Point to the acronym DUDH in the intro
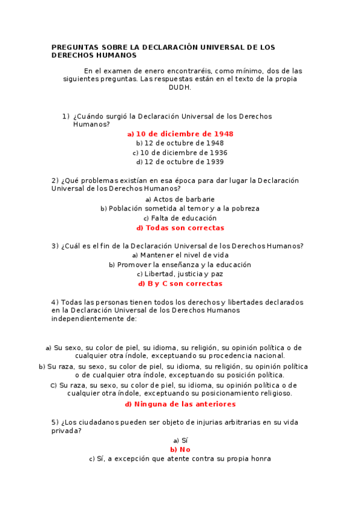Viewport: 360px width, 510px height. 180,87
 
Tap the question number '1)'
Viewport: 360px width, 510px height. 66,116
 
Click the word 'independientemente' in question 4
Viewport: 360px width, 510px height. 94,319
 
